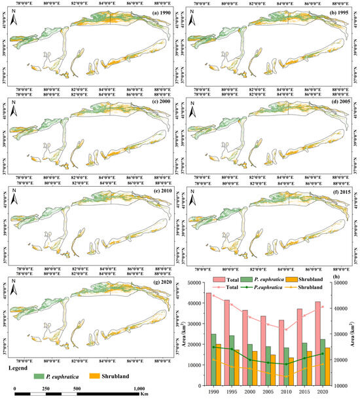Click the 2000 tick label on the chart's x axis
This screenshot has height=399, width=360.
point(249,391)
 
